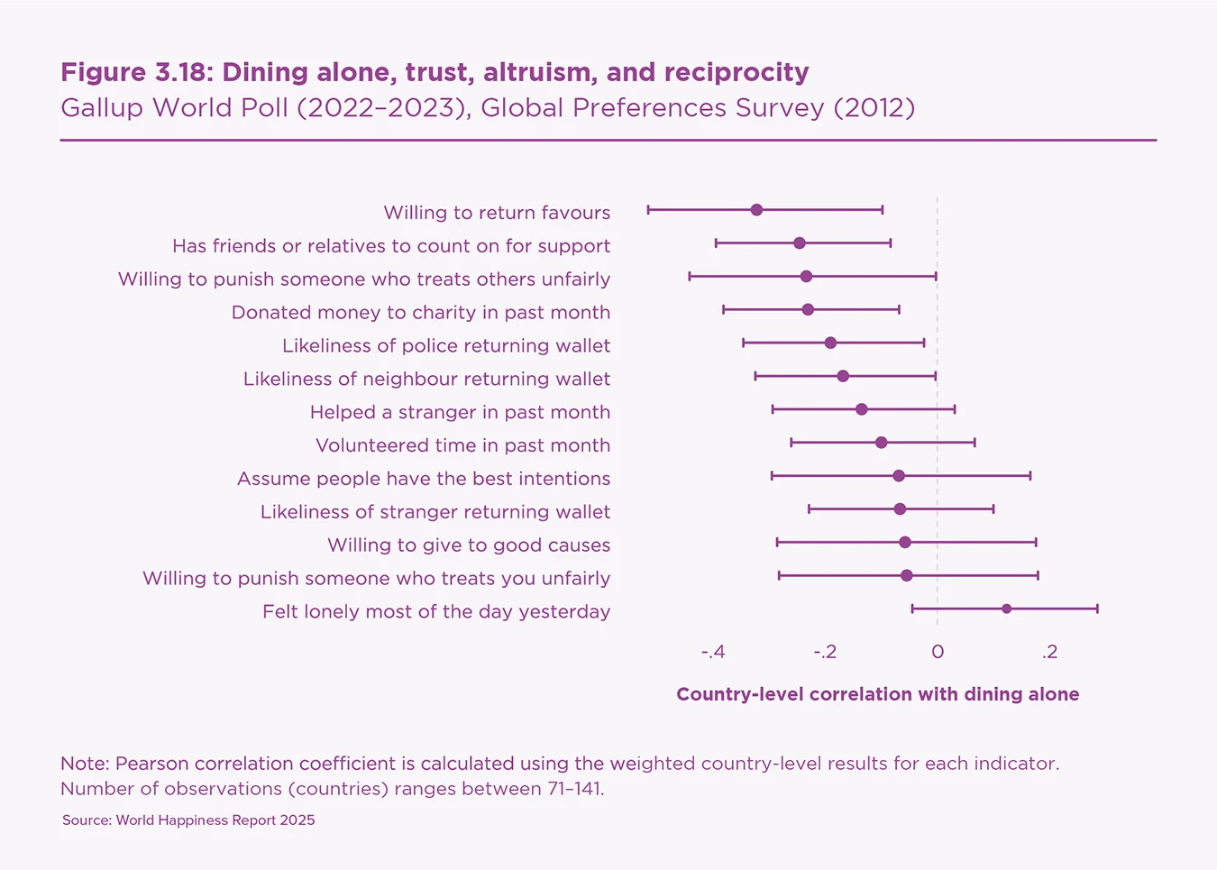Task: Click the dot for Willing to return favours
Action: coord(756,210)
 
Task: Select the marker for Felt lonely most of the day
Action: coord(1006,609)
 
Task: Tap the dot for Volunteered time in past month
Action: coord(881,443)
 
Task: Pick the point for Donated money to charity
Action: coord(808,310)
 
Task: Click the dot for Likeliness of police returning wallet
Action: coord(830,343)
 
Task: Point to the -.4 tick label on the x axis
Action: coord(713,652)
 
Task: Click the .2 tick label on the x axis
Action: coord(1049,652)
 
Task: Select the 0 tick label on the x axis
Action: coord(938,652)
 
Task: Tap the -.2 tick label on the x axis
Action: coord(825,652)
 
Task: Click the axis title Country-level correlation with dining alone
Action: coord(877,694)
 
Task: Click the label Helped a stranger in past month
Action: coord(460,412)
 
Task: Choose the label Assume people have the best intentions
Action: coord(423,479)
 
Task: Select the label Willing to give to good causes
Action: coord(469,545)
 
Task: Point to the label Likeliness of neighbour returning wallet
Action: coord(426,379)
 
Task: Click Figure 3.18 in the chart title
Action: coord(135,72)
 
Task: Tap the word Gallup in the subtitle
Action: coord(101,108)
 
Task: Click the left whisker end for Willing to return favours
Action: coord(648,210)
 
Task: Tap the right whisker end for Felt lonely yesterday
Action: coord(1097,609)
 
